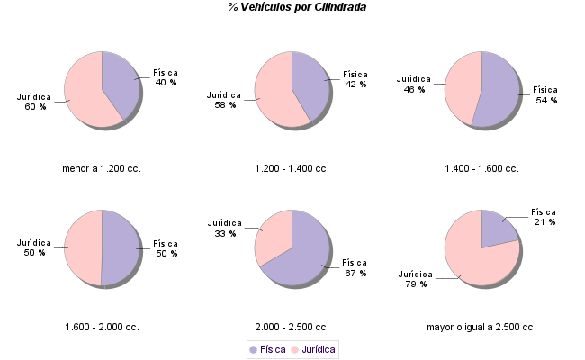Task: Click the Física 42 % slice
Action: click(311, 81)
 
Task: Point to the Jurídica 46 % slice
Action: click(463, 85)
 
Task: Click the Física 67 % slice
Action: click(301, 261)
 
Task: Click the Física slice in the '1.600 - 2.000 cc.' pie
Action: click(121, 247)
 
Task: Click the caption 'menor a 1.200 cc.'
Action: click(101, 168)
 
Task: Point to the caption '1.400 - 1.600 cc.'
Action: click(481, 168)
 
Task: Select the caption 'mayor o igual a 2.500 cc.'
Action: click(481, 327)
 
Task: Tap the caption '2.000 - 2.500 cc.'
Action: click(292, 327)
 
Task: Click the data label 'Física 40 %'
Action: click(166, 77)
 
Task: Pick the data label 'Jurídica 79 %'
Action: click(416, 279)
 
